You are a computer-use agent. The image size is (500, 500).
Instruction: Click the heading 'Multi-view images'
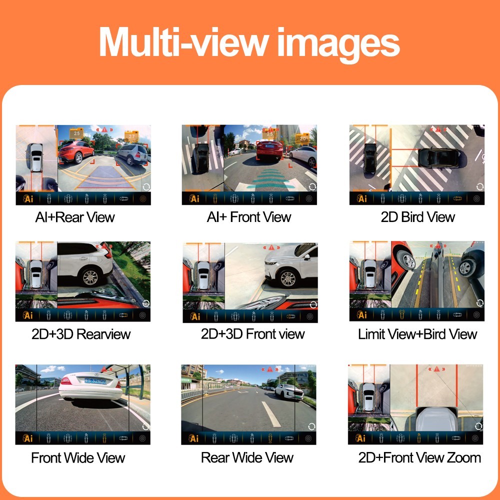click(249, 42)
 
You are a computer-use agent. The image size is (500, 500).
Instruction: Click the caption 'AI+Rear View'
click(75, 217)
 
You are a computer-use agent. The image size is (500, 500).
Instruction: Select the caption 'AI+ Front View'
click(249, 217)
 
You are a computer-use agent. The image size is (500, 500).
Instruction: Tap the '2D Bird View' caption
click(417, 217)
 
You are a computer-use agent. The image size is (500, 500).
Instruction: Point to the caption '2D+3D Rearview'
click(81, 334)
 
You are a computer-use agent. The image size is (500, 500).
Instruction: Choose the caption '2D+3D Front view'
click(252, 334)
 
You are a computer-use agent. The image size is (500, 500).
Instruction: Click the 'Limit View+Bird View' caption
click(417, 334)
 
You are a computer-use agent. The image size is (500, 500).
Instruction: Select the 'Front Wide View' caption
click(78, 457)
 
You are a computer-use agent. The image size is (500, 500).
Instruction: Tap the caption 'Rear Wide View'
click(247, 457)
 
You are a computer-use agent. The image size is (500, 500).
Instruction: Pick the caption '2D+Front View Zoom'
click(419, 457)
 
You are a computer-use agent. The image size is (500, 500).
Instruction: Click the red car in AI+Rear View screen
click(77, 151)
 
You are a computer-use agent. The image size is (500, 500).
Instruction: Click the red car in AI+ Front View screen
click(269, 149)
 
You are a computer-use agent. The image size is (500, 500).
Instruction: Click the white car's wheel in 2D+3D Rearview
click(90, 276)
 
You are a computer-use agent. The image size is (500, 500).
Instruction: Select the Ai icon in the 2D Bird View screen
click(361, 198)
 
